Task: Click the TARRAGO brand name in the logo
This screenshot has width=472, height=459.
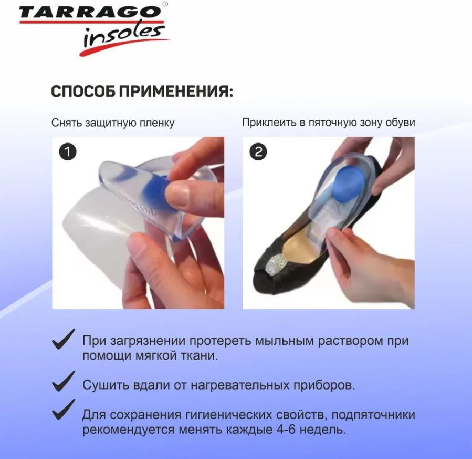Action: [x=89, y=13]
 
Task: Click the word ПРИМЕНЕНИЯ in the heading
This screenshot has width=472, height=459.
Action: [x=176, y=91]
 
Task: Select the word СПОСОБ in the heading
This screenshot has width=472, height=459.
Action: [x=83, y=91]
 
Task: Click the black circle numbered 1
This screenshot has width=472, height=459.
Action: [x=68, y=151]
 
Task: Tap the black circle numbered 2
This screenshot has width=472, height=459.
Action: [x=258, y=151]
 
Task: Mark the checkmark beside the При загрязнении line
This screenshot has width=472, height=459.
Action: [x=64, y=339]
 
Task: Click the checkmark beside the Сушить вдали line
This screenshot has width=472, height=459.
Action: [x=64, y=381]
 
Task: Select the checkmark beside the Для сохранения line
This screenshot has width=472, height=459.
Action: [x=64, y=410]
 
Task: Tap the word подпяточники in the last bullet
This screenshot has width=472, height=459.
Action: [x=373, y=415]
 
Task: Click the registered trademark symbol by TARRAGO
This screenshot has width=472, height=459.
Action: [x=165, y=4]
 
